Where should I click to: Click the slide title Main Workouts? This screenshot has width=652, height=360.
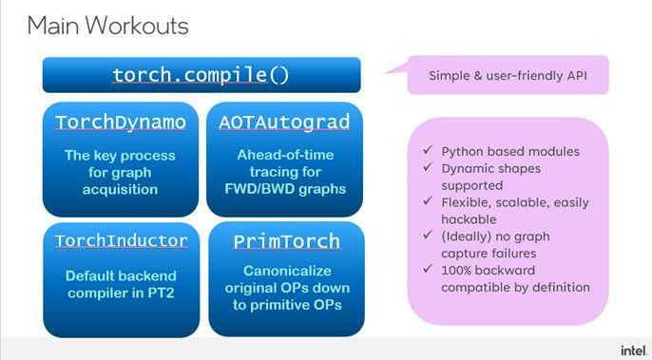tap(107, 26)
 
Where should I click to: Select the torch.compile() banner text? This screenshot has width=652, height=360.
tap(201, 74)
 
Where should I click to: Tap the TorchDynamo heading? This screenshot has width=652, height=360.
tap(120, 123)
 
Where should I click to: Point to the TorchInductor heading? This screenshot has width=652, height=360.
tap(122, 240)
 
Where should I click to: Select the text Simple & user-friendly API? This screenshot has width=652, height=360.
tap(508, 75)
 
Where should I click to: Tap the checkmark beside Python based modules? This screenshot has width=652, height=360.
tap(432, 151)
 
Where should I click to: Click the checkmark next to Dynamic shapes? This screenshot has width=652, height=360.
tap(432, 168)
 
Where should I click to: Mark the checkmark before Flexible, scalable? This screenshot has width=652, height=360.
tap(432, 202)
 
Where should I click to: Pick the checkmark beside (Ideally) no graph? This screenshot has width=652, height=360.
tap(432, 237)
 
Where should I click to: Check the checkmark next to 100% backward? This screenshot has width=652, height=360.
tap(432, 271)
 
